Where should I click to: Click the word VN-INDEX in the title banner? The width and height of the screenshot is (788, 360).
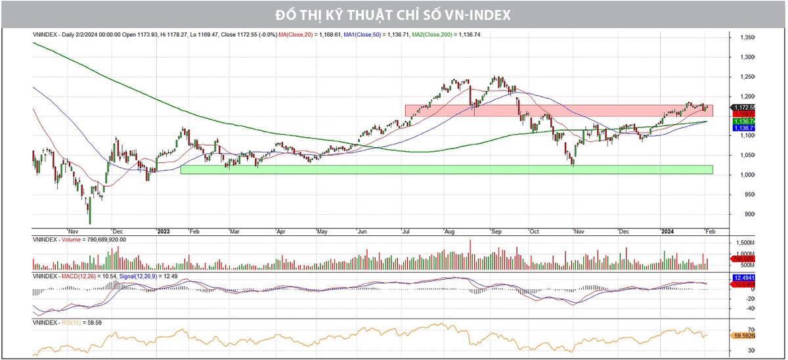474,14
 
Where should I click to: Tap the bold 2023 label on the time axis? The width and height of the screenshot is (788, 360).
164,231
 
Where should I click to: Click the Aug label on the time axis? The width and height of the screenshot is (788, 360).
449,231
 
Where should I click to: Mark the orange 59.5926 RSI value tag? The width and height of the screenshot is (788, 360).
743,335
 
